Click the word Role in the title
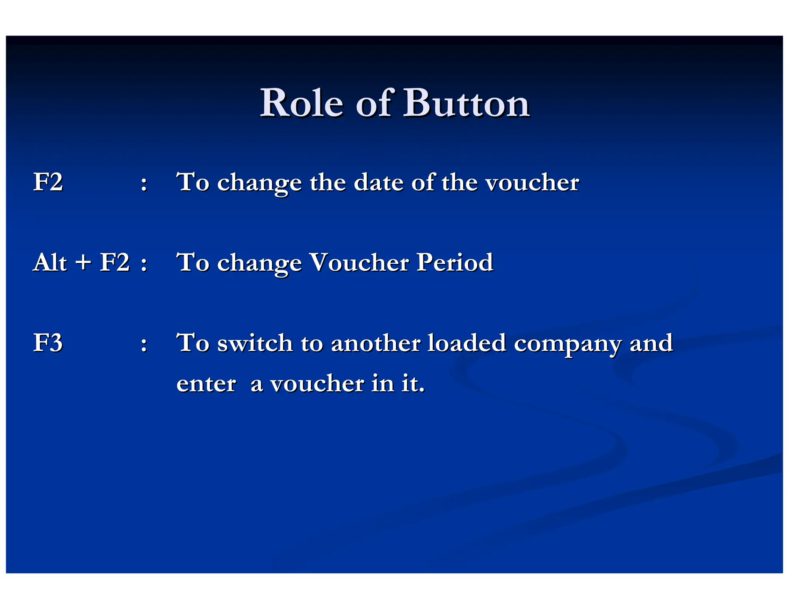tap(301, 103)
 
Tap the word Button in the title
tap(466, 103)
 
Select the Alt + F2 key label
tap(81, 263)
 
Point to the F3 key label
tap(48, 343)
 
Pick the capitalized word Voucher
tap(359, 263)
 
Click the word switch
tap(255, 343)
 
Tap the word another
tap(376, 343)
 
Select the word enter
tap(206, 384)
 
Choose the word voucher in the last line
tap(317, 384)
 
